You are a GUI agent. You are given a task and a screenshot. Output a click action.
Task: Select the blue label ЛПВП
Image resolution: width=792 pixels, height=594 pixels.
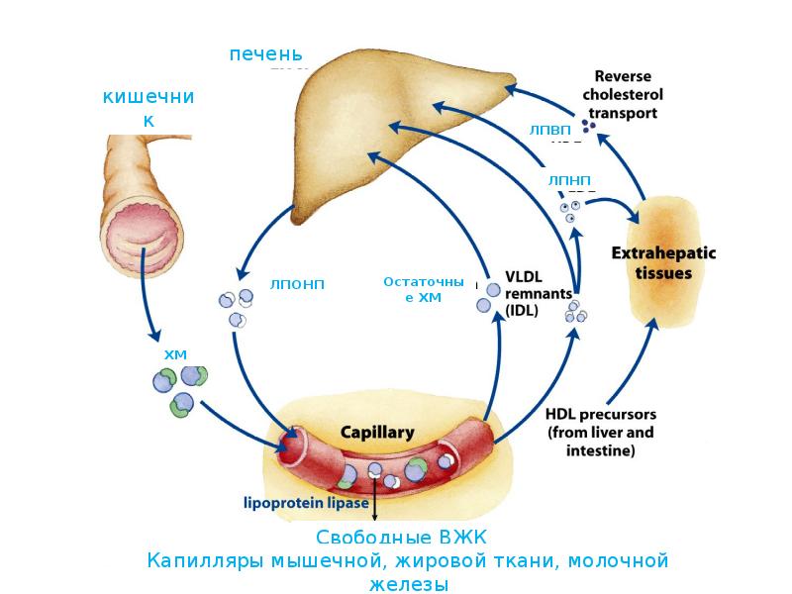coord(550,130)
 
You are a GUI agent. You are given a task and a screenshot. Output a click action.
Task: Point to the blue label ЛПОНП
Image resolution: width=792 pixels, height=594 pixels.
coord(297,284)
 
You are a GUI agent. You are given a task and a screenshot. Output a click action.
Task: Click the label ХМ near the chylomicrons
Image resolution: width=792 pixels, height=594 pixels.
coord(175,353)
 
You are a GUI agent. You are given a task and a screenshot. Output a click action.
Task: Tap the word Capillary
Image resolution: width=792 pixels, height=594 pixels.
coord(377,433)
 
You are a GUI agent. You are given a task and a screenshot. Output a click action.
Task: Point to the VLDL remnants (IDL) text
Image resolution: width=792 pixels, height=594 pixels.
coord(538,293)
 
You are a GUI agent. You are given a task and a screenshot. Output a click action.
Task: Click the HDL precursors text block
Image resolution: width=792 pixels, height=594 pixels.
coord(600,433)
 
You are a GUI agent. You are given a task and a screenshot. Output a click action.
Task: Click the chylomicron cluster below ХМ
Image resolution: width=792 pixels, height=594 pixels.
coord(179,388)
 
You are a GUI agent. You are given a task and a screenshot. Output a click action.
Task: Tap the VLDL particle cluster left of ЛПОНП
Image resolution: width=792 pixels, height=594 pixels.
coord(234,307)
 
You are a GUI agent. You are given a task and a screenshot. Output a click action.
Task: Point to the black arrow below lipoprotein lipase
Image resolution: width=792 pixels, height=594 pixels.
coord(376,506)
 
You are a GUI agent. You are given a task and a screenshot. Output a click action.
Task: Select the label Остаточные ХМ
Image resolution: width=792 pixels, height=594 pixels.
coord(423,289)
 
